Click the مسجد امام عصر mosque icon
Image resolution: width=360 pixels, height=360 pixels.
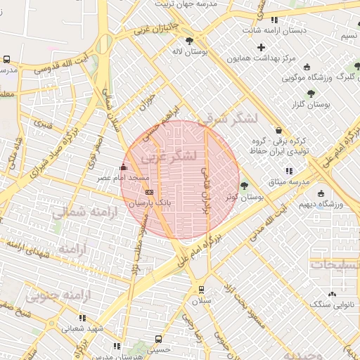tap(124, 168)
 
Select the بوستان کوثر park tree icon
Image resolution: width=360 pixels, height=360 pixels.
tap(244, 186)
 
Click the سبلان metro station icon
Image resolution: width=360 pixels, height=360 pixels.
tap(202, 289)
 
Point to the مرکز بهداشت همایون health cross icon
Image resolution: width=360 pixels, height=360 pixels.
tap(262, 48)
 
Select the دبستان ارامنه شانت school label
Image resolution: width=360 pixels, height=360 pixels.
tap(274, 31)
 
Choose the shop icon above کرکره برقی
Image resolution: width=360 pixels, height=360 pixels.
tap(279, 130)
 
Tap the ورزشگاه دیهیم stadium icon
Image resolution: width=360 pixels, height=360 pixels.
tap(321, 193)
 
